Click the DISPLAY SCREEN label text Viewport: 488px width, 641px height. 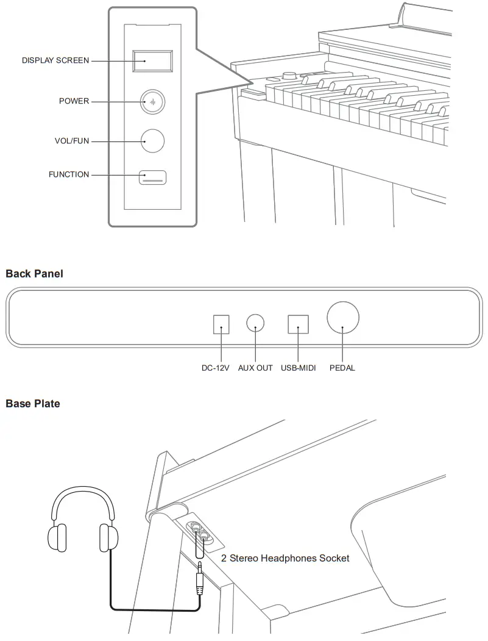point(55,60)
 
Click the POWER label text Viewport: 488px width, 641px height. point(74,101)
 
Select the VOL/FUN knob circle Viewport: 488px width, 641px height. point(152,141)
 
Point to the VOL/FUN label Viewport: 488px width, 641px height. point(71,141)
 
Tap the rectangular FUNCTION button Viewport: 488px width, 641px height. point(153,177)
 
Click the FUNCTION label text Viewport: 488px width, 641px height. point(69,174)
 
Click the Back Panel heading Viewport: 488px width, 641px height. point(34,274)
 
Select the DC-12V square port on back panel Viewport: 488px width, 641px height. point(221,324)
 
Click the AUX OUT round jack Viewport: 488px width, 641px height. point(255,323)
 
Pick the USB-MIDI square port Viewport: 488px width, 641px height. point(298,324)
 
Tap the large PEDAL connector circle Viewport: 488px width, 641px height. point(342,318)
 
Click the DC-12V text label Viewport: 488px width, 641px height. point(215,368)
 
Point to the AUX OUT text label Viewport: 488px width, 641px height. point(255,368)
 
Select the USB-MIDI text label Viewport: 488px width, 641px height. point(298,368)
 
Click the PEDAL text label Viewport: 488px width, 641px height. point(342,368)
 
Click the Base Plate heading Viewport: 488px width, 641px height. point(33,403)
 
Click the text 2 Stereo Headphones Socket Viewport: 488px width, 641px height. point(285,558)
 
